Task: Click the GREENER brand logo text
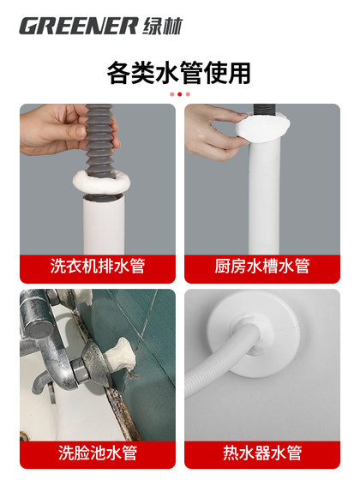coord(78,25)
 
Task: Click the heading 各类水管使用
coord(179,72)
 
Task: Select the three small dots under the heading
coord(179,93)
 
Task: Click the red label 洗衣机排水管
coord(97,267)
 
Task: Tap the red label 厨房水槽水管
coord(261,267)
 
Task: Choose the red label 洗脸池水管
coord(97,451)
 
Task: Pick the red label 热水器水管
coord(261,451)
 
